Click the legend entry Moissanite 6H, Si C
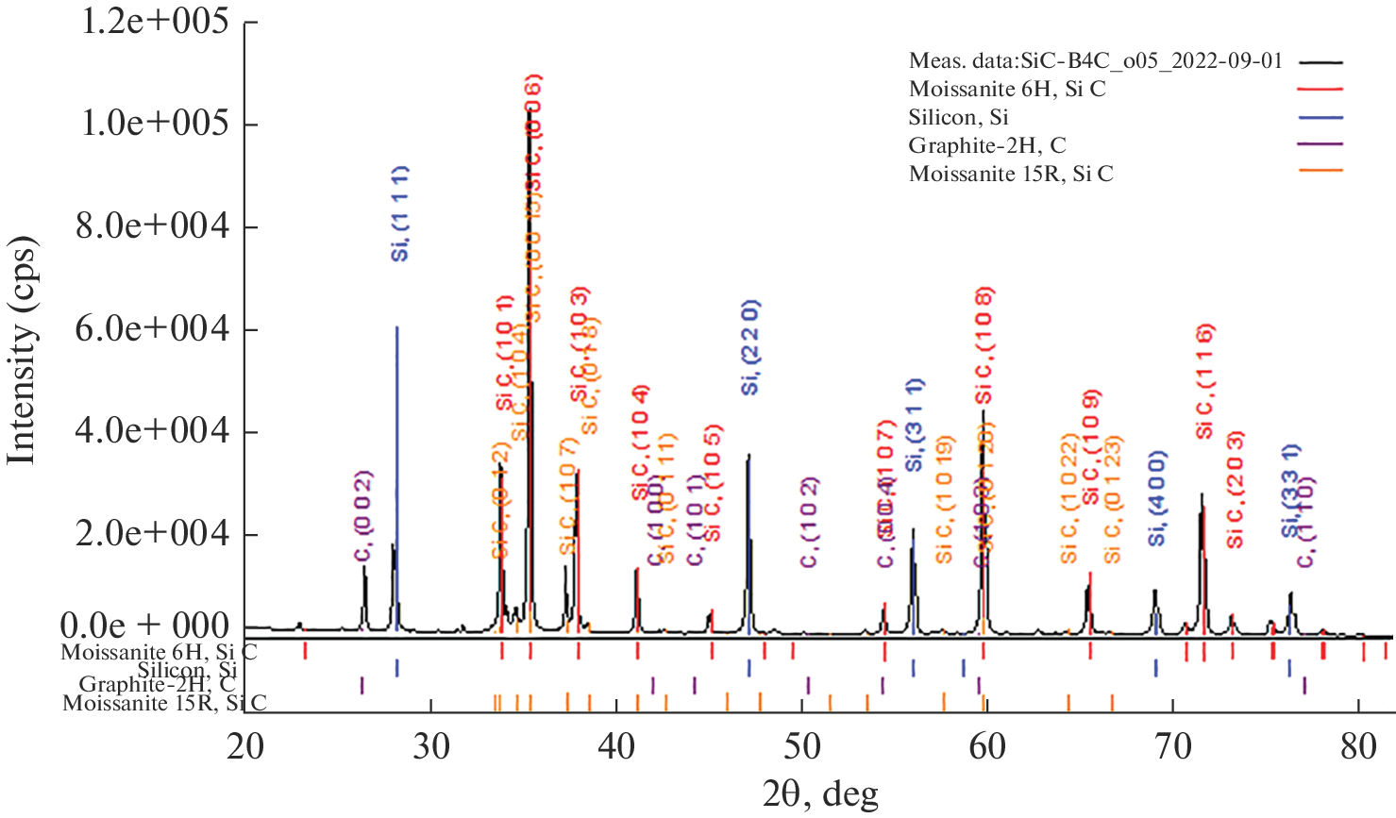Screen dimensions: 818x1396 [x=1007, y=89]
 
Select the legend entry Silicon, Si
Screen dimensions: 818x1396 [x=958, y=117]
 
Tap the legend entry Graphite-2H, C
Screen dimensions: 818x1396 [x=987, y=145]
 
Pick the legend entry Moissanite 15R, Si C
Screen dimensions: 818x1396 [x=1011, y=174]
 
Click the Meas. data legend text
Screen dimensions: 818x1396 [x=1095, y=60]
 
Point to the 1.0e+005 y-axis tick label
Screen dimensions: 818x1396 [x=155, y=123]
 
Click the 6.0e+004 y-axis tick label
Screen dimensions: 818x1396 [x=152, y=328]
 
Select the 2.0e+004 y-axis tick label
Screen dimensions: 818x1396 [x=152, y=533]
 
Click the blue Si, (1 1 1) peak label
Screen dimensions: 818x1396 [x=400, y=213]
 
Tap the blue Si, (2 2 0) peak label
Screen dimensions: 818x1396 [x=750, y=347]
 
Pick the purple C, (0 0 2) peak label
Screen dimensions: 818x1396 [x=362, y=517]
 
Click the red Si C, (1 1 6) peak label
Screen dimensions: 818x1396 [x=1204, y=381]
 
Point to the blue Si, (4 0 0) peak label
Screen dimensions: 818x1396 [x=1158, y=498]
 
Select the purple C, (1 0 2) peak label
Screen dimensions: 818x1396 [x=809, y=523]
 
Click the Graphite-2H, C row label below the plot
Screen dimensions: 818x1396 [x=157, y=684]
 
